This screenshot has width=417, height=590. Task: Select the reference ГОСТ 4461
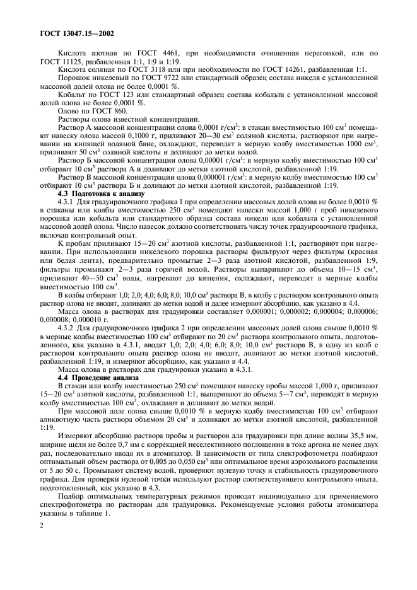click(155, 53)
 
